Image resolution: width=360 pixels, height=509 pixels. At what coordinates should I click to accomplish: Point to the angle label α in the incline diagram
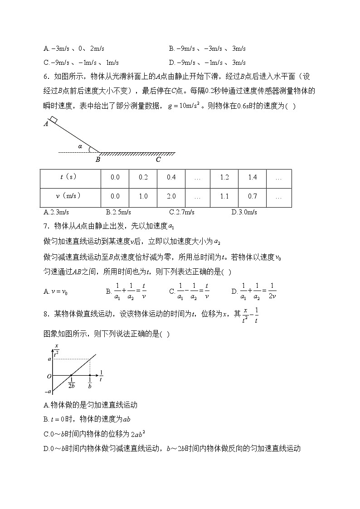point(80,146)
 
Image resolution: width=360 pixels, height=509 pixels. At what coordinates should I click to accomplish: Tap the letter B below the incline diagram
point(97,160)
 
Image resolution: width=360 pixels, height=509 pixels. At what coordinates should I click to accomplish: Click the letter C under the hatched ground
point(158,160)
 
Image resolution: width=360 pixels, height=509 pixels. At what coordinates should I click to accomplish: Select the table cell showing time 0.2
point(143,177)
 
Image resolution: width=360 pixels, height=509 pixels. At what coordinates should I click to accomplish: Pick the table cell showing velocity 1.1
point(224,196)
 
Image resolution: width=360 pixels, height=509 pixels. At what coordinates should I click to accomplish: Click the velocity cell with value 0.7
point(253,196)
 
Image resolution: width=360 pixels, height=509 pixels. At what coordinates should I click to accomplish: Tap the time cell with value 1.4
point(253,177)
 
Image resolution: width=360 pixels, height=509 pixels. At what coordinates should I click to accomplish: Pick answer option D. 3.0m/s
point(244,212)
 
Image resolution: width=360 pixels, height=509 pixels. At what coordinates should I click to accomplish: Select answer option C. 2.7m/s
point(181,212)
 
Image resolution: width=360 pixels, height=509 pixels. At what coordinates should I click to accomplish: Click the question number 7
point(45,226)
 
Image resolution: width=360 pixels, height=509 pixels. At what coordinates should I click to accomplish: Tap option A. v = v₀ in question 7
point(56,291)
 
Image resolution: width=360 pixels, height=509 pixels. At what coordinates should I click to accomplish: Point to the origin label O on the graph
point(49,376)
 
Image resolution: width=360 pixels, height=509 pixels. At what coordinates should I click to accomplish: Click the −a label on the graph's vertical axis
point(48,391)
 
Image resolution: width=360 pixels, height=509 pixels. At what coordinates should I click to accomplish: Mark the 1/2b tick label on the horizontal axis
point(71,383)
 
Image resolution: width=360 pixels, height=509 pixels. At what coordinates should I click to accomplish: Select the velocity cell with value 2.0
point(171,196)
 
